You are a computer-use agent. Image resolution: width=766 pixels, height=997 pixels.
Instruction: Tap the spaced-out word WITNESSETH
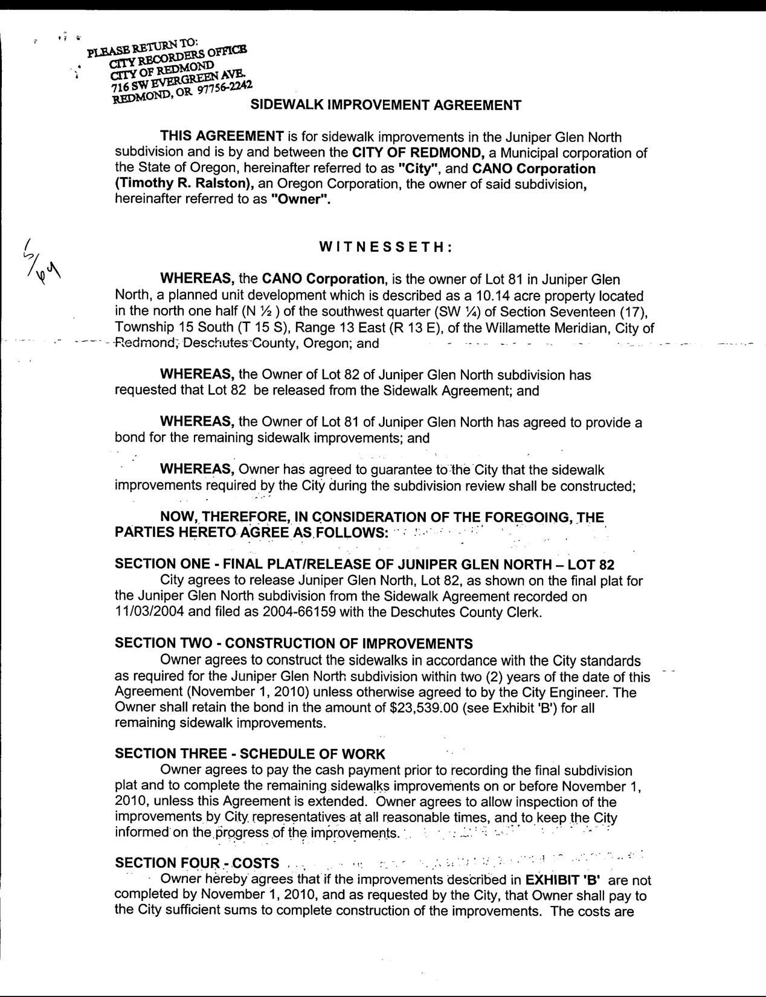383,247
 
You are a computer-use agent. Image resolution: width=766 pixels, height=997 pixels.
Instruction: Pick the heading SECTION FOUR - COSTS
197,863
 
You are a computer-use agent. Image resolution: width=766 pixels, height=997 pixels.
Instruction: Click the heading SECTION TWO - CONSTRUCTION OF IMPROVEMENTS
294,644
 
